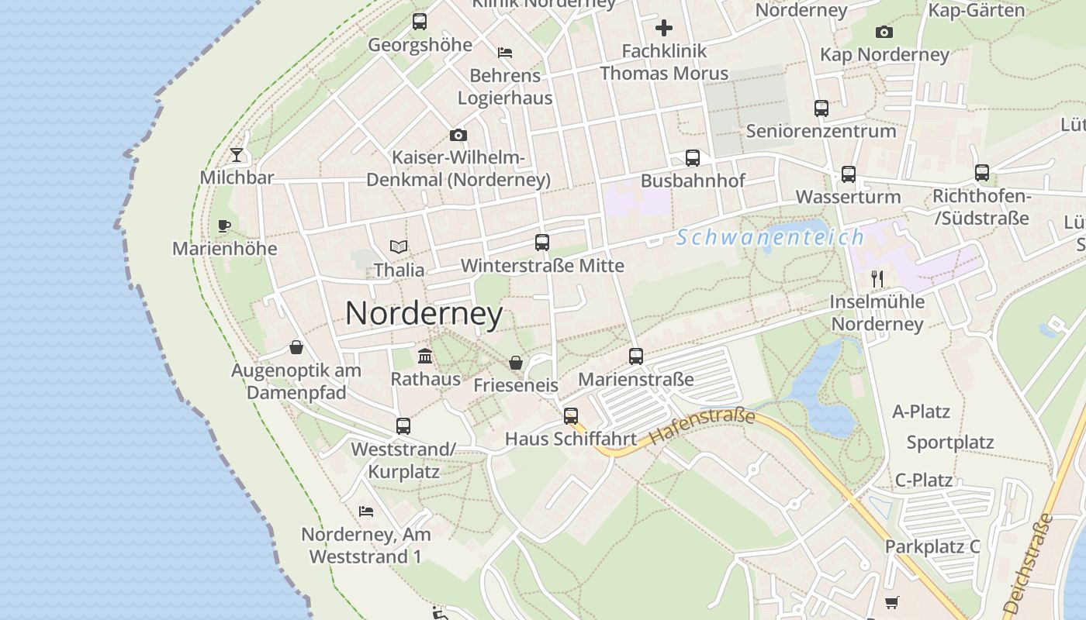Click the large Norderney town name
pyautogui.click(x=424, y=313)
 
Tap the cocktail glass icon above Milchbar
pyautogui.click(x=237, y=155)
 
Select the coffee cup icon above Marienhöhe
pyautogui.click(x=224, y=226)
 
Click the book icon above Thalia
pyautogui.click(x=399, y=247)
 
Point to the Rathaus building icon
pyautogui.click(x=425, y=356)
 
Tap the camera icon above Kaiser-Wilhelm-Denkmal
pyautogui.click(x=458, y=136)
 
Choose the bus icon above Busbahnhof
pyautogui.click(x=693, y=158)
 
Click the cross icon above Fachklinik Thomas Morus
pyautogui.click(x=664, y=29)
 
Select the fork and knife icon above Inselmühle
pyautogui.click(x=877, y=279)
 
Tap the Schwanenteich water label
pyautogui.click(x=770, y=237)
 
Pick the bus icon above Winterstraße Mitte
pyautogui.click(x=542, y=243)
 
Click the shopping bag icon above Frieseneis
pyautogui.click(x=515, y=363)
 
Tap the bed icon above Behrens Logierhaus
pyautogui.click(x=505, y=53)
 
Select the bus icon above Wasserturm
pyautogui.click(x=849, y=174)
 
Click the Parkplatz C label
pyautogui.click(x=932, y=546)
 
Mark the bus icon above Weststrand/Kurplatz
pyautogui.click(x=403, y=426)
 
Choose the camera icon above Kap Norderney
pyautogui.click(x=884, y=32)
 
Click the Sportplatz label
pyautogui.click(x=950, y=443)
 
